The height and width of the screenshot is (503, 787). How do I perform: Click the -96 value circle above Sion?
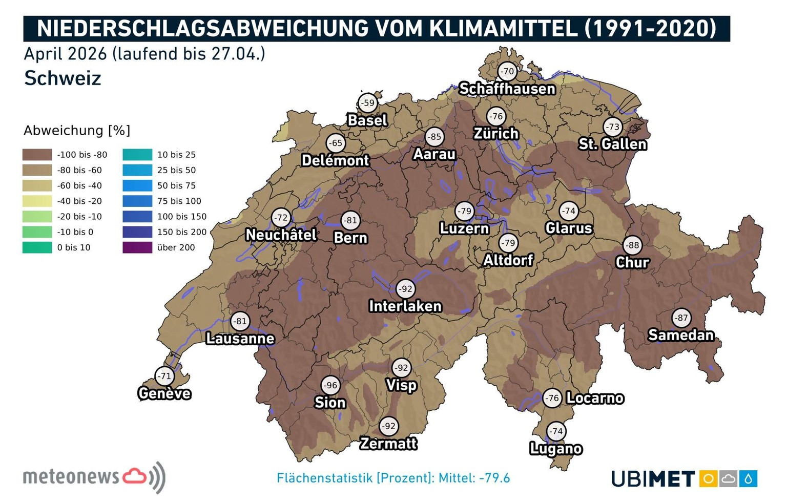[x=330, y=385]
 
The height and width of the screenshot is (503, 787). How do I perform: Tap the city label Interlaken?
[x=405, y=306]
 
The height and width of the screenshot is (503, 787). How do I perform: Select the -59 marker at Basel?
[x=367, y=102]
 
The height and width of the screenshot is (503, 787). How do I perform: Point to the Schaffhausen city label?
[x=507, y=89]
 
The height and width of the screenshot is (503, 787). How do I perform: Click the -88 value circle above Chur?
[x=633, y=245]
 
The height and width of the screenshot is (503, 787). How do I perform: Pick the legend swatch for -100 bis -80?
[x=37, y=155]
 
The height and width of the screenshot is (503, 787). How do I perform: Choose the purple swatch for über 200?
[x=137, y=247]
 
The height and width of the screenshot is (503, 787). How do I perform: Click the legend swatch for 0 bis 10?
[x=37, y=247]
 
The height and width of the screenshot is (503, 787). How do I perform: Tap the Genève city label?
[x=164, y=393]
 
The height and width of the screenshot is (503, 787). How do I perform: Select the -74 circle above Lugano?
[x=556, y=431]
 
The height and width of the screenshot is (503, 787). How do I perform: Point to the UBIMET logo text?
[x=653, y=479]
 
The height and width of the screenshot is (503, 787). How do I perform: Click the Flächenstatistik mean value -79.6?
[x=494, y=478]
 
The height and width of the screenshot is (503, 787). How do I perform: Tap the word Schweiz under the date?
[x=63, y=78]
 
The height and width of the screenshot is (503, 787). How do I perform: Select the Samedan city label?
[x=681, y=335]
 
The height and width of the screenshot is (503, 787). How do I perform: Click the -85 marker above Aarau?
[x=434, y=137]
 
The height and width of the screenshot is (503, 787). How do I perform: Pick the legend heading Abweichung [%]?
[x=77, y=131]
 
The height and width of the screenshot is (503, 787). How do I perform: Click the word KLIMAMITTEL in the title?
[x=503, y=28]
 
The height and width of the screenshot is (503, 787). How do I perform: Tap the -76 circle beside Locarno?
[x=552, y=398]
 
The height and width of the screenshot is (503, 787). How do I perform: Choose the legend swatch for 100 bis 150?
[x=137, y=217]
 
